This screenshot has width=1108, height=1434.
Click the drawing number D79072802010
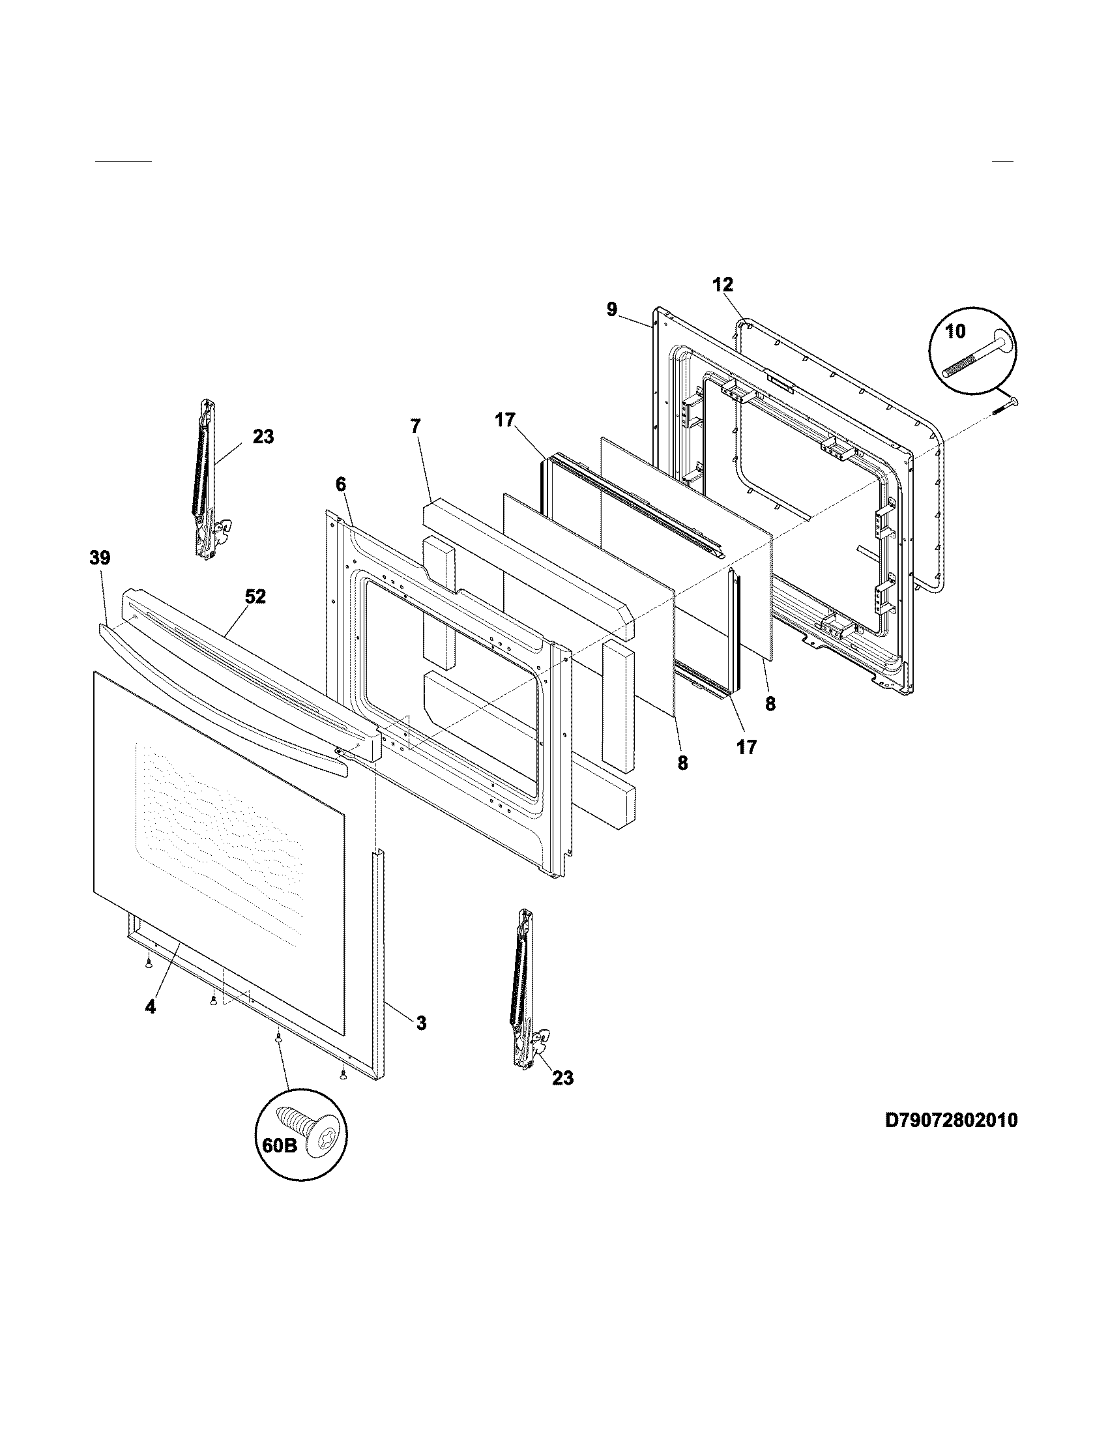[x=951, y=1119]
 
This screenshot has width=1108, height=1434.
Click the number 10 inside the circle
[x=955, y=332]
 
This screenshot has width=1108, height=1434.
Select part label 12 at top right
[x=722, y=284]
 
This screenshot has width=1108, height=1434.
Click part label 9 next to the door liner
[x=612, y=308]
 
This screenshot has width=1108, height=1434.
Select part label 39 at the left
[x=100, y=557]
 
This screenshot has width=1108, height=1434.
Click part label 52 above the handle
[x=255, y=596]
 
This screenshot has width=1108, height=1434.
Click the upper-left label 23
[x=263, y=436]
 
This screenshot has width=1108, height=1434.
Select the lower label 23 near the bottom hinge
[x=562, y=1077]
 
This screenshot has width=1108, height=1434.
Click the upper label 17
[x=504, y=420]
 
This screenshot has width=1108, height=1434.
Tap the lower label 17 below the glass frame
[x=746, y=746]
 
